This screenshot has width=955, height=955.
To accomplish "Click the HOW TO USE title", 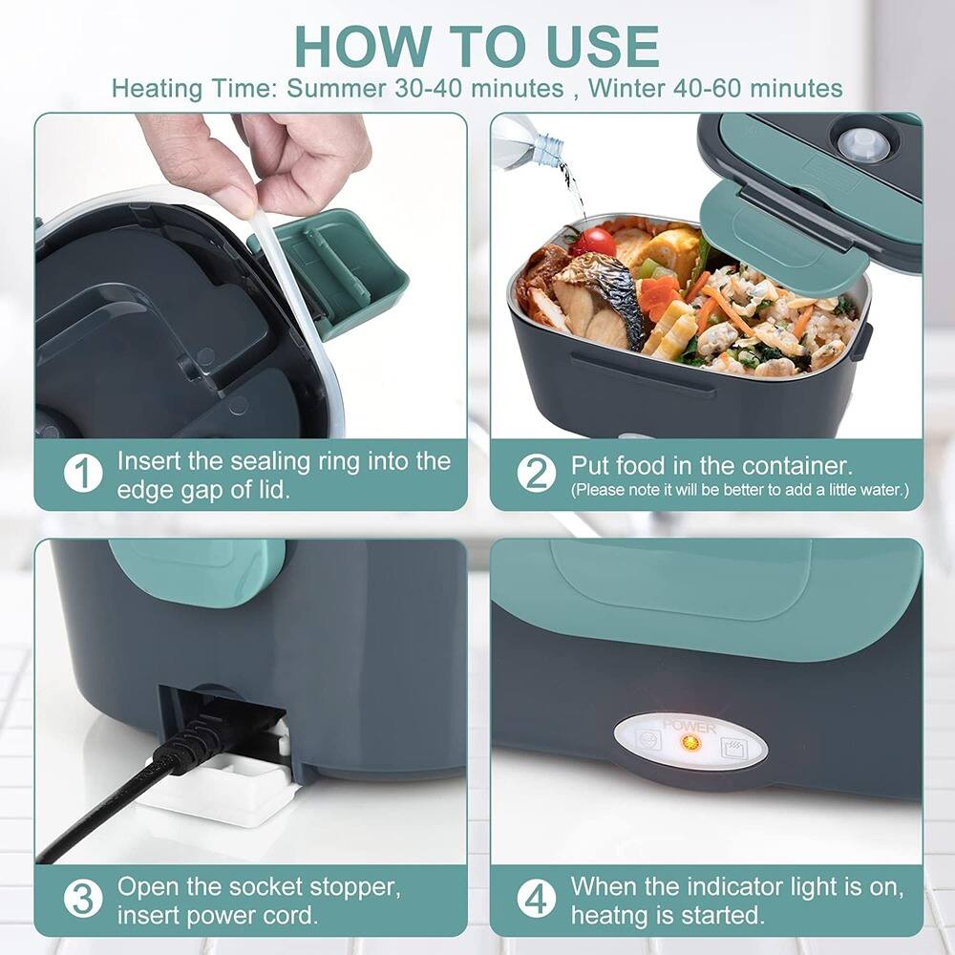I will [x=477, y=46].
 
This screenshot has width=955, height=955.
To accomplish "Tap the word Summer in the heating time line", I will [x=337, y=89].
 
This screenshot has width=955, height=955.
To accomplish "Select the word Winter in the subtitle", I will [x=627, y=89].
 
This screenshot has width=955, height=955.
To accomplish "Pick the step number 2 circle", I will [x=537, y=475].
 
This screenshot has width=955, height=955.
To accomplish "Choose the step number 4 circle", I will [x=537, y=899].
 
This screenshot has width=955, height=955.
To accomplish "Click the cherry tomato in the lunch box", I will [x=599, y=242].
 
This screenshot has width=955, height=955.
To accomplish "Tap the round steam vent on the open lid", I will [x=857, y=140].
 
